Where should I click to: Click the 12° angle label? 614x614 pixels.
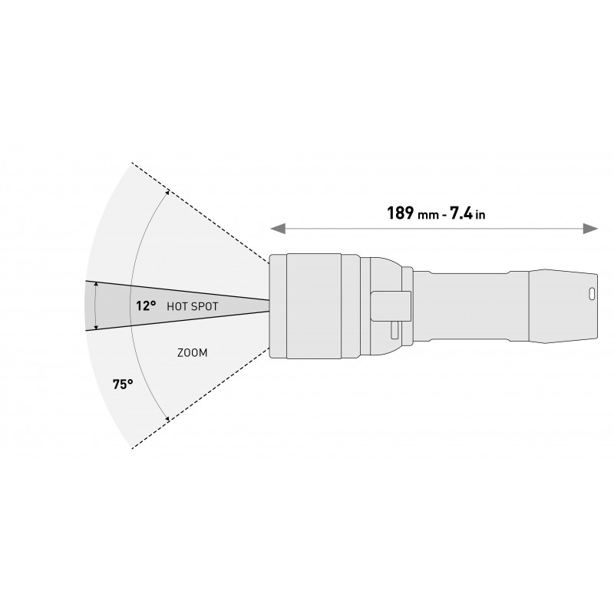pyautogui.click(x=146, y=305)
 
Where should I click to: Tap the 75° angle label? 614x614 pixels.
pyautogui.click(x=123, y=385)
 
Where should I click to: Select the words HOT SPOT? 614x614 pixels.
pyautogui.click(x=193, y=306)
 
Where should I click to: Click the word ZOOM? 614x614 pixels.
pyautogui.click(x=193, y=353)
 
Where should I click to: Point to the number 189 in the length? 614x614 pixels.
pyautogui.click(x=400, y=213)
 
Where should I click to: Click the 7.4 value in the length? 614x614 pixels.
pyautogui.click(x=461, y=213)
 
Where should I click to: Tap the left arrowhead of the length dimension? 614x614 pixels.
pyautogui.click(x=278, y=229)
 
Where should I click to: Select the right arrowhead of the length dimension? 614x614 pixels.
pyautogui.click(x=591, y=229)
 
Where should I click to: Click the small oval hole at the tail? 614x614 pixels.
pyautogui.click(x=592, y=294)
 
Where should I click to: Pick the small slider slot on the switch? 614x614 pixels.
pyautogui.click(x=394, y=331)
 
